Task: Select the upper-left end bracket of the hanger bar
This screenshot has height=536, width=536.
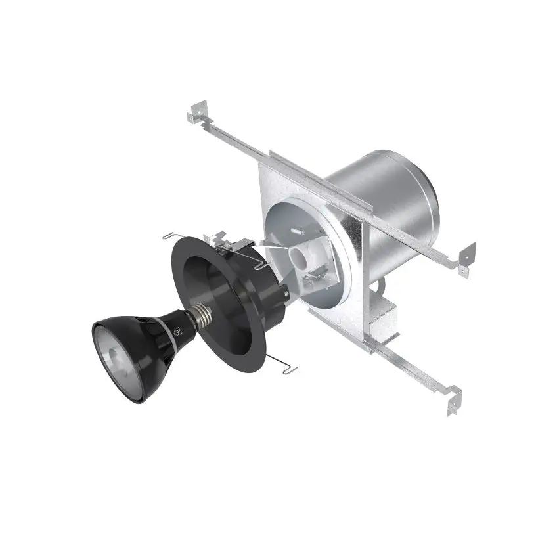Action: pos(196,112)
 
